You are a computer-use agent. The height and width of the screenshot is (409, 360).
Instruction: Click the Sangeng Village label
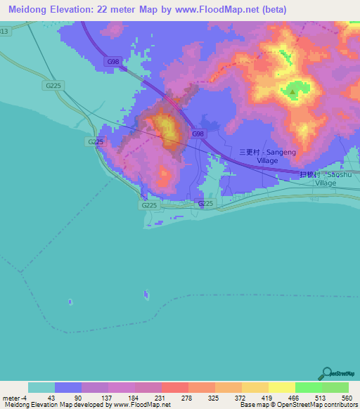[259, 155]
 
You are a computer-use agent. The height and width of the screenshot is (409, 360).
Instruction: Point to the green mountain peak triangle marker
[292, 90]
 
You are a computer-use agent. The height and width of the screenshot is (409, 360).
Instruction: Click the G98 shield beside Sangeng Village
[198, 134]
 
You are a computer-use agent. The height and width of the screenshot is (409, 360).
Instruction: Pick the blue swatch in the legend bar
[67, 387]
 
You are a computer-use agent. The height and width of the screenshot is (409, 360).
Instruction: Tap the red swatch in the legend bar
[174, 387]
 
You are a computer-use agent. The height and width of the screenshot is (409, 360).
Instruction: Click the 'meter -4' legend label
[14, 398]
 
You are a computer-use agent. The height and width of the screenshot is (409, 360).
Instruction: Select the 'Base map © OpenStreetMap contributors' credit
[297, 405]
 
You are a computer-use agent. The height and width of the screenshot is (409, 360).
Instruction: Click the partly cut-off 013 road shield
[5, 31]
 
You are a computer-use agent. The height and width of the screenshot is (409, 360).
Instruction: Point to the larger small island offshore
[146, 294]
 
